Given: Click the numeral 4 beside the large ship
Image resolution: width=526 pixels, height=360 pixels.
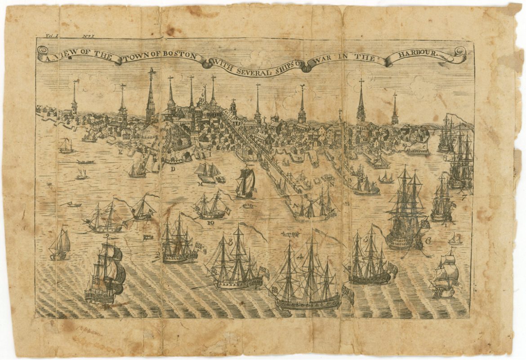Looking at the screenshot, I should pos(300,257).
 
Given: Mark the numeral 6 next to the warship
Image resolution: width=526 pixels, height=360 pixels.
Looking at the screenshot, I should pos(428,241).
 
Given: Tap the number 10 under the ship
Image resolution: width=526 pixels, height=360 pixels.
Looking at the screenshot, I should pos(210,222).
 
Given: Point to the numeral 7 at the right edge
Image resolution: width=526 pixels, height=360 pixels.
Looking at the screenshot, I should pos(464,198).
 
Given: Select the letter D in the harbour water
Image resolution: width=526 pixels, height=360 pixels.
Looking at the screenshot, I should pos(173,169).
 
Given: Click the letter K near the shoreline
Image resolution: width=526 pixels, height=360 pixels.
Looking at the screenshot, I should pos(120,152).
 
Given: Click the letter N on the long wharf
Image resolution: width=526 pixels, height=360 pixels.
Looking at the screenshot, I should pos(331,184).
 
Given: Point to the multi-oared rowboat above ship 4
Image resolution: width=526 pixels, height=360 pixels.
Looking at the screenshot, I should pos(290,234).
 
